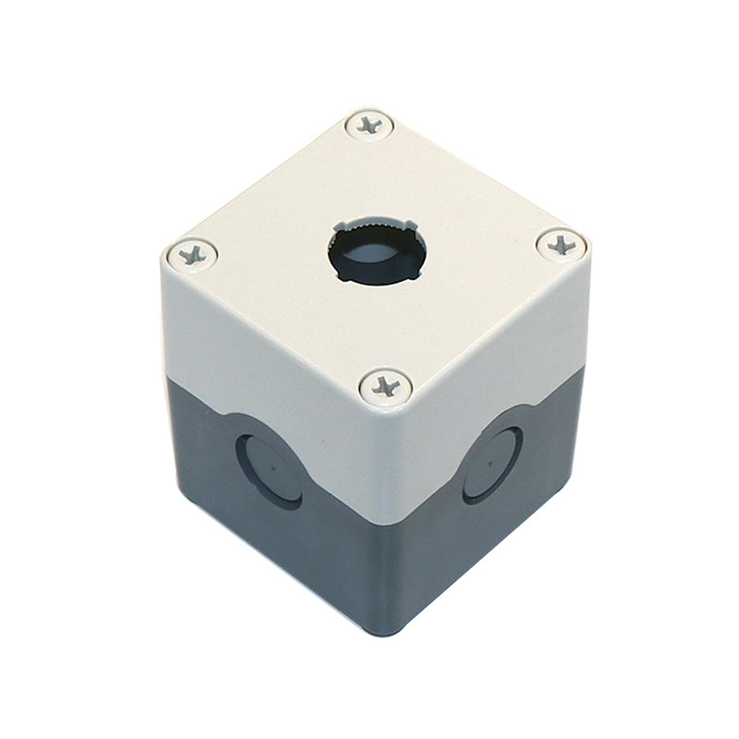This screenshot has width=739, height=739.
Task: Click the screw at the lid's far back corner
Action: pyautogui.click(x=369, y=125)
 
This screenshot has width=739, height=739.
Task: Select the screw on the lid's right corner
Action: pyautogui.click(x=561, y=245)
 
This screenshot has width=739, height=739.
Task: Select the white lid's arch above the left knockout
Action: pyautogui.click(x=268, y=420)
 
